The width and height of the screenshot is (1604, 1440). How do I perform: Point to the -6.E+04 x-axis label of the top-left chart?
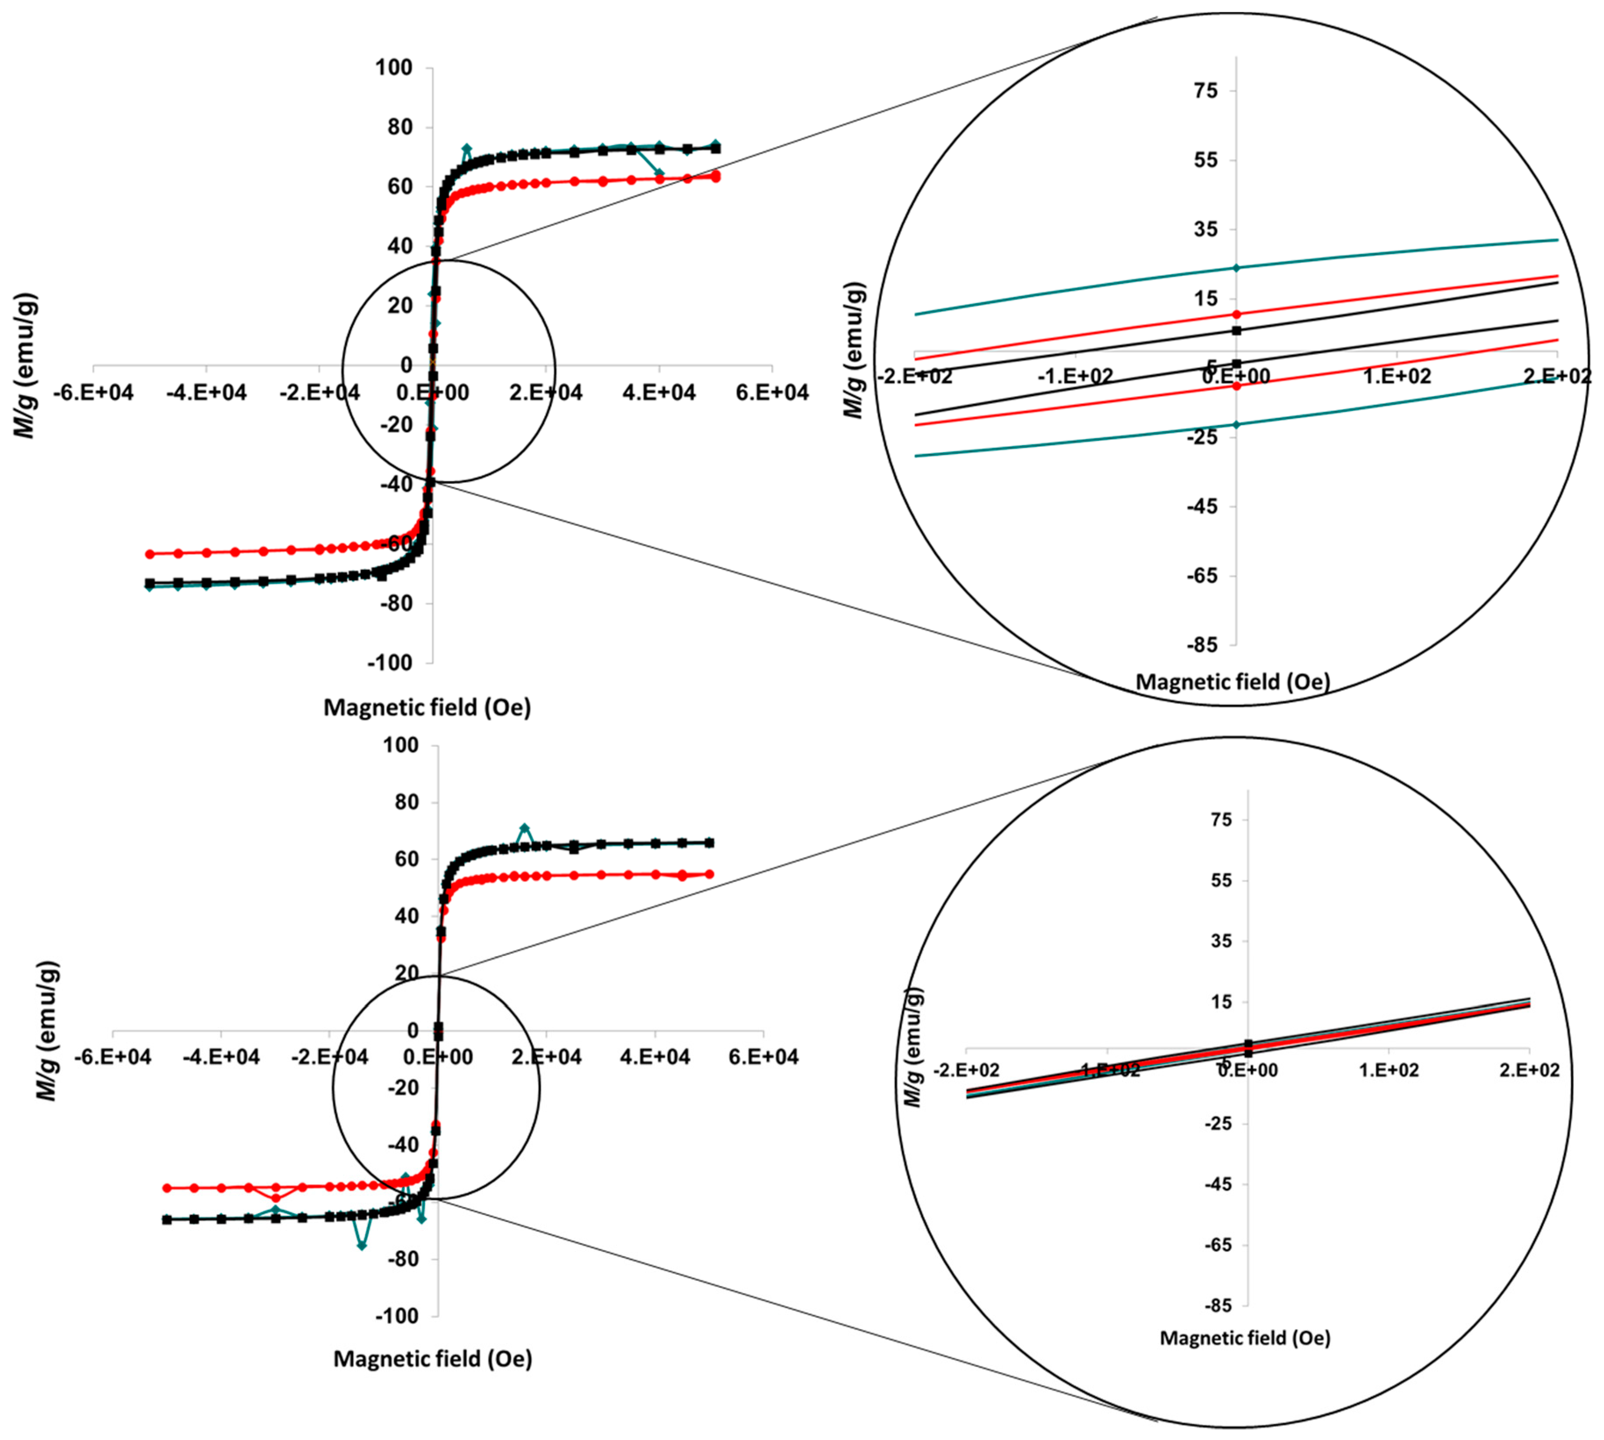point(93,393)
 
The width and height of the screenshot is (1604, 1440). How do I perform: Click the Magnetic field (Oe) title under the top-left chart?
point(427,707)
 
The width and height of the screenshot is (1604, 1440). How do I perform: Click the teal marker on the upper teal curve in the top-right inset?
point(1236,268)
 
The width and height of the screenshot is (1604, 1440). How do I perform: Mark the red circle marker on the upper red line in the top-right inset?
point(1236,314)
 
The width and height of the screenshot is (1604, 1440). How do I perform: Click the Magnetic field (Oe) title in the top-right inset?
point(1233,681)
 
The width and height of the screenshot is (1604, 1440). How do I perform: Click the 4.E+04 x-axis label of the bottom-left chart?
point(655,1056)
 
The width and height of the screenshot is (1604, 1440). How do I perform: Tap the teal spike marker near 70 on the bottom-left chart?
point(524,828)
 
